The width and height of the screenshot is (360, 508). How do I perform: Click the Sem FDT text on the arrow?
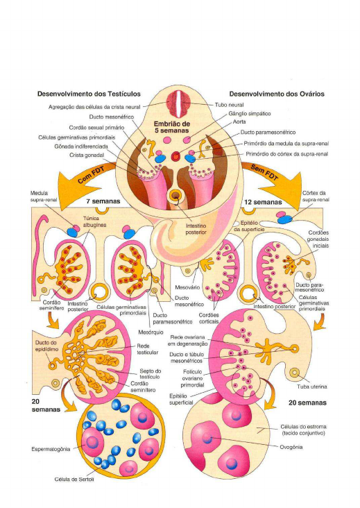264,174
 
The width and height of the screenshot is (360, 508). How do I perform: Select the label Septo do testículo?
150,375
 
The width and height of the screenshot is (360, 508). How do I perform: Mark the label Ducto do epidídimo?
32,346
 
